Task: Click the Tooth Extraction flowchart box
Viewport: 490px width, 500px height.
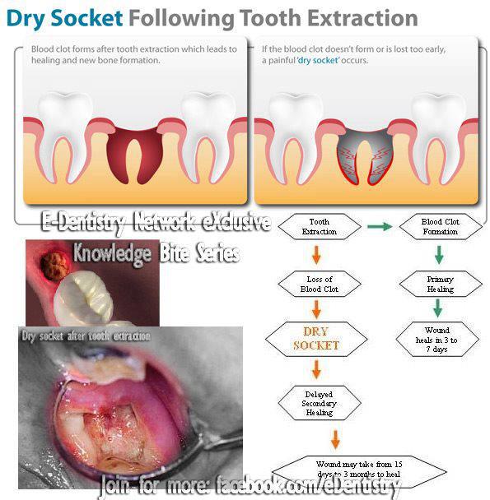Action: click(x=320, y=226)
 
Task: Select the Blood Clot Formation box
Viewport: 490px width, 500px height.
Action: click(x=441, y=226)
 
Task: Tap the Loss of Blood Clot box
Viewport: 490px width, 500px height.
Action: click(x=320, y=284)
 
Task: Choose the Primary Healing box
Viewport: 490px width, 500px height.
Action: click(x=441, y=284)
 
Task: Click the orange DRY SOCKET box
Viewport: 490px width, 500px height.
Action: click(x=316, y=339)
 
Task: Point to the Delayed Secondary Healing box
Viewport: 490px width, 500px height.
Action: click(x=320, y=403)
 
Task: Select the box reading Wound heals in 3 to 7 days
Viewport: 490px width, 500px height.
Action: click(x=437, y=340)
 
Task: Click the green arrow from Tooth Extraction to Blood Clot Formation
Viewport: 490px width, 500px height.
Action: click(x=380, y=226)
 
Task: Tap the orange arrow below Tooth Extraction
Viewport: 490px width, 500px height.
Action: click(x=316, y=255)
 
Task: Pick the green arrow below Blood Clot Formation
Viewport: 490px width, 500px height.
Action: click(x=439, y=255)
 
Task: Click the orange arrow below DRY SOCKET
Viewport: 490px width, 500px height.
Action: click(x=316, y=369)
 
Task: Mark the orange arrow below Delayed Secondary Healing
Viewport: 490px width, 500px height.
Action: click(x=335, y=439)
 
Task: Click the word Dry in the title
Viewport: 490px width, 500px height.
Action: click(x=26, y=19)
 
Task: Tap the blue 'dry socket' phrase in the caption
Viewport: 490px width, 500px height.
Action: click(x=318, y=60)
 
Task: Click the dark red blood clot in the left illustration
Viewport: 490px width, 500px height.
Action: click(x=134, y=155)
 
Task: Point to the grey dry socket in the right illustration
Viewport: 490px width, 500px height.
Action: click(x=365, y=156)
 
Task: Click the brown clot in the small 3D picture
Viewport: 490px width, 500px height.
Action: click(x=54, y=266)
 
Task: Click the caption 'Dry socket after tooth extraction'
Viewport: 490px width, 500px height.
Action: click(x=86, y=336)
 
